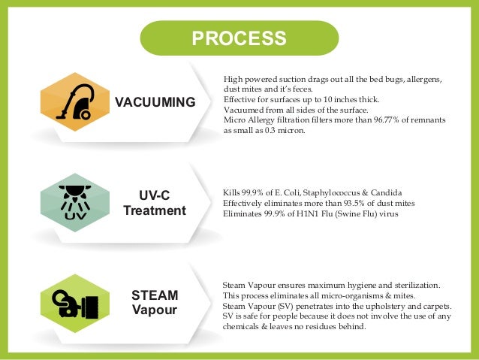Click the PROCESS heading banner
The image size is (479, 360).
pyautogui.click(x=239, y=38)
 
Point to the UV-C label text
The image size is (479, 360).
pyautogui.click(x=155, y=195)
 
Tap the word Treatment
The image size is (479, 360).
pyautogui.click(x=155, y=210)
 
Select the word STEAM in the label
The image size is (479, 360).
pyautogui.click(x=154, y=295)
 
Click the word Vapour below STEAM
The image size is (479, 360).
pyautogui.click(x=154, y=310)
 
